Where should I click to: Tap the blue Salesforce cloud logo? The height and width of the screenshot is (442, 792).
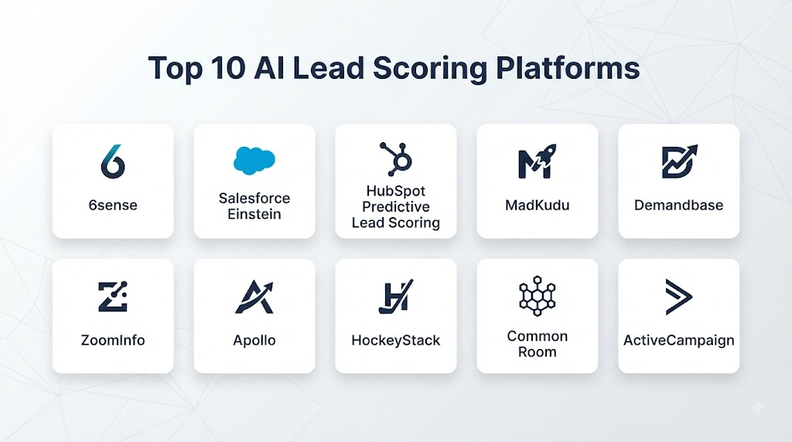(254, 161)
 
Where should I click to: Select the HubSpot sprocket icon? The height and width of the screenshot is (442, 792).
(396, 159)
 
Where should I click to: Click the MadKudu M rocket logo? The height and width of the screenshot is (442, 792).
(537, 161)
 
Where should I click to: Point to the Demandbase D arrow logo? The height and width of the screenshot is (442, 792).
(679, 161)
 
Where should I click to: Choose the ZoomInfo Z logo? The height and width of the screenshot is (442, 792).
(113, 296)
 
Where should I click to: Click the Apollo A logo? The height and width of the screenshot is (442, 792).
(254, 297)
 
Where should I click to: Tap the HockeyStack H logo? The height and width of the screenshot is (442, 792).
(396, 297)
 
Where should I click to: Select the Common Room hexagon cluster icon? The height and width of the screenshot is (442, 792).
(538, 296)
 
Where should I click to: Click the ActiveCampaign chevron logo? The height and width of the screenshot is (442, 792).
(679, 297)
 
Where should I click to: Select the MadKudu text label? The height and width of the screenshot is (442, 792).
(538, 206)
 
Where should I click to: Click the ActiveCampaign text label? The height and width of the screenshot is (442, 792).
(679, 341)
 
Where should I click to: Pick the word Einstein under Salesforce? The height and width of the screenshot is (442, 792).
(254, 215)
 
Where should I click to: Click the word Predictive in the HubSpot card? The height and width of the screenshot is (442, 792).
(396, 207)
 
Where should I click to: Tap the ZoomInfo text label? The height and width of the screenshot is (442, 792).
(113, 340)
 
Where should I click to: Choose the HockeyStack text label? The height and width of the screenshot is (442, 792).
(396, 341)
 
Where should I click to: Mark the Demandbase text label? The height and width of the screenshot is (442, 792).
(679, 206)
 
